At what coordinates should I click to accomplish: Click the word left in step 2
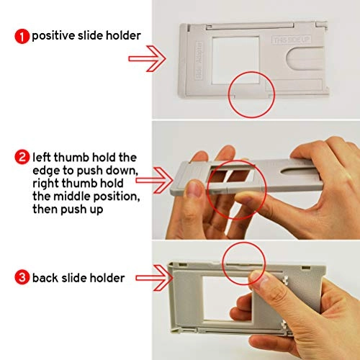point(44,157)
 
